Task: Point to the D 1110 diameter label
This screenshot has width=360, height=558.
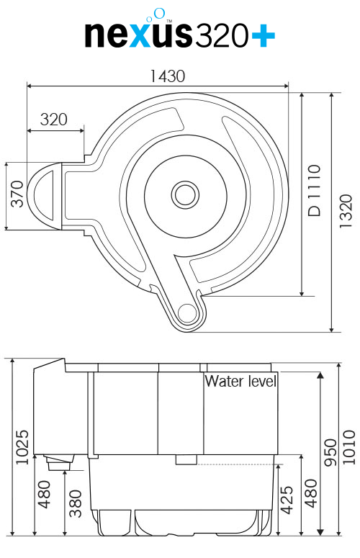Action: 314,190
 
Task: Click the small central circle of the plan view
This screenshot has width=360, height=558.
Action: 185,194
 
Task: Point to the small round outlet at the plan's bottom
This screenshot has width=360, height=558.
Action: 186,312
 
